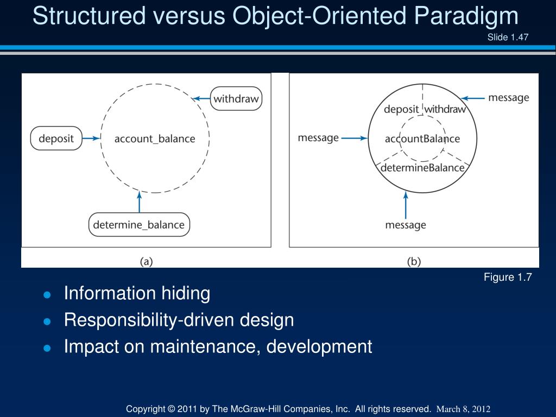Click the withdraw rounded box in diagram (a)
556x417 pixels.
(236, 99)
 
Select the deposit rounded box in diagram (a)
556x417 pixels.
(56, 138)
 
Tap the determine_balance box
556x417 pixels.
(139, 224)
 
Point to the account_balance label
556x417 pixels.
(155, 138)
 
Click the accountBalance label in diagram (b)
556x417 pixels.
(422, 138)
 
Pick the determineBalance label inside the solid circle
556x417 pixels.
(422, 167)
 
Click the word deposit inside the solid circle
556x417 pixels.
(401, 109)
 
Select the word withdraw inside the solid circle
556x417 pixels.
(445, 109)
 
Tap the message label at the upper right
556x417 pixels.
(508, 98)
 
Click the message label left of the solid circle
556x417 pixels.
(318, 138)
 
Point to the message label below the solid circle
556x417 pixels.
(406, 225)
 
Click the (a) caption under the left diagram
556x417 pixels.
(146, 261)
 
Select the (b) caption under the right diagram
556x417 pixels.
(414, 261)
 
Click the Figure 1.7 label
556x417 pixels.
(508, 277)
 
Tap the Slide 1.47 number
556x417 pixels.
(508, 37)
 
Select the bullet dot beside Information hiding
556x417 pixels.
(47, 295)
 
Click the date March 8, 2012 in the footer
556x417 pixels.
(464, 409)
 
